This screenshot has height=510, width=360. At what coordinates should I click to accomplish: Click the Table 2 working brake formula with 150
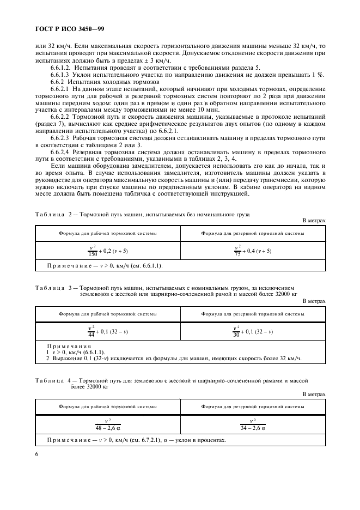108,251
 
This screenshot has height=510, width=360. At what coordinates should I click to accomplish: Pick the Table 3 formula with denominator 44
108,331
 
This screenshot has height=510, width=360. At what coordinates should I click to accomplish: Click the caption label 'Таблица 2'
53,215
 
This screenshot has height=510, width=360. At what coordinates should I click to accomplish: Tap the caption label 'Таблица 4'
53,380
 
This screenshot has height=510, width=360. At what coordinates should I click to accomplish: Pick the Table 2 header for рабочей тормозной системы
108,233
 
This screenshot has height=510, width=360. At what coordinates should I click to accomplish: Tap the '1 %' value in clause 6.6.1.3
320,74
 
